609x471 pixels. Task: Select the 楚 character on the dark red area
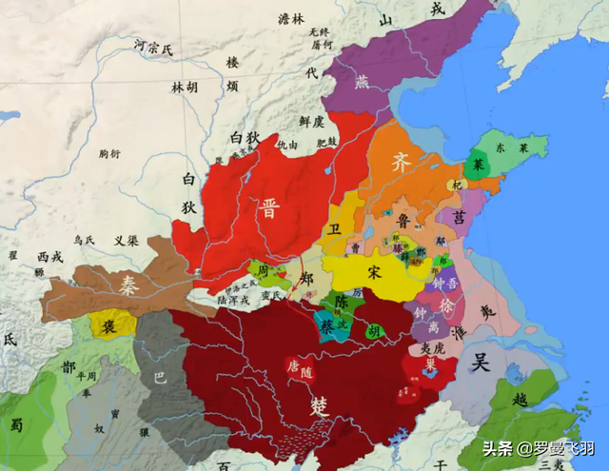(x=320, y=405)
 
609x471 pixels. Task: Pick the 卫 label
(x=333, y=229)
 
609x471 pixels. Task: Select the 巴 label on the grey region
(x=160, y=377)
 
